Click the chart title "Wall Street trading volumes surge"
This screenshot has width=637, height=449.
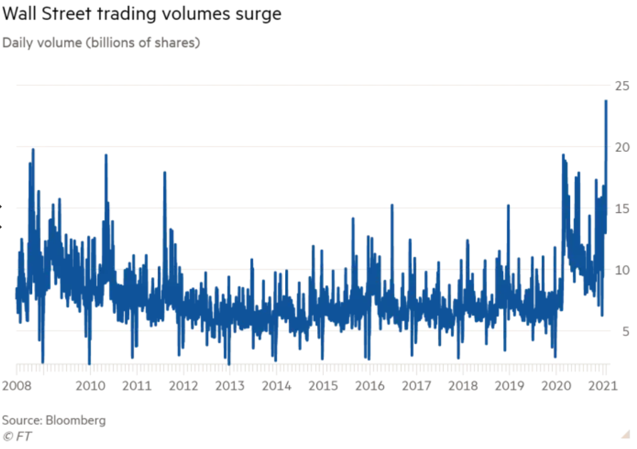142,14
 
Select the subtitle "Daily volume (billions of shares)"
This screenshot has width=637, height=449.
101,43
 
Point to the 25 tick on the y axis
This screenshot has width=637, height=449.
622,86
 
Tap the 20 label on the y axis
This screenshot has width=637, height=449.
622,147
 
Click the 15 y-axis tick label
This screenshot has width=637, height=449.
622,209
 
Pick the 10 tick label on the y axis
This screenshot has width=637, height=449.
622,270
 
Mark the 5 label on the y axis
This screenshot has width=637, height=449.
626,331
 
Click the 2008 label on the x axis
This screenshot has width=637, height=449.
17,385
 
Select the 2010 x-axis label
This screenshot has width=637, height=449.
90,385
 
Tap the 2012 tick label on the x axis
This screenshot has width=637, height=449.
183,385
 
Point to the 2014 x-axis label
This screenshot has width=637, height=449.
276,385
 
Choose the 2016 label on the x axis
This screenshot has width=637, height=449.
369,385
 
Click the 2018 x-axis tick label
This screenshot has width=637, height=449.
463,385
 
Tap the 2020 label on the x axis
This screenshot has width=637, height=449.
556,385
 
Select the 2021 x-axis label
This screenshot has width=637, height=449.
603,385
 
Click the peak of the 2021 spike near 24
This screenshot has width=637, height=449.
606,101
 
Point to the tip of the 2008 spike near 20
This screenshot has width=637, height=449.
33,149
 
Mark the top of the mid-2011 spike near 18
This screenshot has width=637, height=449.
165,173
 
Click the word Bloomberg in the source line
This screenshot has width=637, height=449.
76,420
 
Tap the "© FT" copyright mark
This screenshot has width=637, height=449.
17,436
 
